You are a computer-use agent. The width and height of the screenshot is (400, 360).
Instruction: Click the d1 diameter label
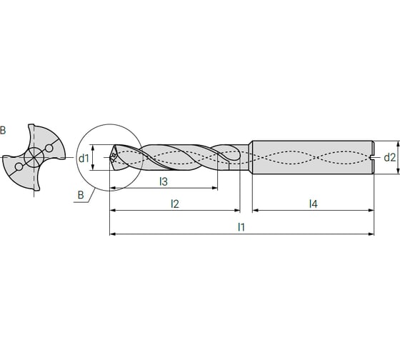pos(84,158)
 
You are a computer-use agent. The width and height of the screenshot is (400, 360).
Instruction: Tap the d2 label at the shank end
pos(389,158)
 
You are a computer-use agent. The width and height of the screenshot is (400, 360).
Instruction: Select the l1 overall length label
pos(242,227)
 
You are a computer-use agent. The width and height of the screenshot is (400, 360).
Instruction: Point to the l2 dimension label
pos(174,204)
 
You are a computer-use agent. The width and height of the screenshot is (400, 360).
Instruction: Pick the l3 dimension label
pos(164,181)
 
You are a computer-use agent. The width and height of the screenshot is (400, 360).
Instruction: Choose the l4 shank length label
pos(313,204)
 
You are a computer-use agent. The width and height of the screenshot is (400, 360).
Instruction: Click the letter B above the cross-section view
pos(3,130)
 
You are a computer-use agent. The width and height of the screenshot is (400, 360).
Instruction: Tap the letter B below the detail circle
pos(80,194)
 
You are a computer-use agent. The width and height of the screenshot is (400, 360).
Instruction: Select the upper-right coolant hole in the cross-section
pos(48,148)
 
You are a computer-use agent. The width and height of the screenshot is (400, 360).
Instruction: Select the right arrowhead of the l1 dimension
pos(371,234)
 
